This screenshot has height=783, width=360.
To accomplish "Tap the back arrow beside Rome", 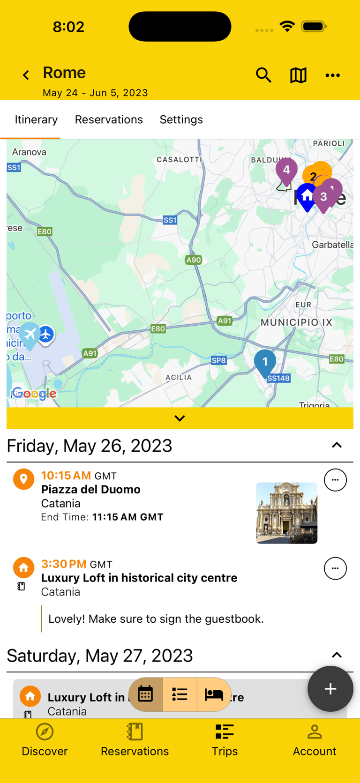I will point(26,75).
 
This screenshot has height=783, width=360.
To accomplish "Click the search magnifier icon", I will point(263,75).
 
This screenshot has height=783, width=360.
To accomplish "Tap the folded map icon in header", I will point(298,75).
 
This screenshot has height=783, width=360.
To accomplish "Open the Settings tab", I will point(181,119).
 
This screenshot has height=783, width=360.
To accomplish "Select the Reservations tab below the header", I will point(109,119).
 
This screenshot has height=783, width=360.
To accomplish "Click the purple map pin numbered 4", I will point(286,170).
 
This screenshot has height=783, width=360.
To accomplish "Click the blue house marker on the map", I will point(307,196).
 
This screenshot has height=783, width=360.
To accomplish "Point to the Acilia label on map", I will point(179,377).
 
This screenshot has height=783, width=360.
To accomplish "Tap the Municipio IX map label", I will point(296,322).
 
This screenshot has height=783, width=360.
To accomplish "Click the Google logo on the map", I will point(34,394).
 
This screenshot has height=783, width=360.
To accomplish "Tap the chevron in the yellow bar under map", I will point(180,418).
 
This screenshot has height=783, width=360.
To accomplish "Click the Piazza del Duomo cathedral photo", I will point(286,513).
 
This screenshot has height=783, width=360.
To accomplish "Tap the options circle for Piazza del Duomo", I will point(335,480).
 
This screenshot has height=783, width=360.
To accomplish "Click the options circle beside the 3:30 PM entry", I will point(335,568).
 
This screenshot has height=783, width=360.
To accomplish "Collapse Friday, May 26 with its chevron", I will point(337,445).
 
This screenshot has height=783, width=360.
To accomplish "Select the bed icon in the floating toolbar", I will point(214,694).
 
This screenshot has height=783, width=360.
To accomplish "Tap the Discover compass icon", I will point(45,732).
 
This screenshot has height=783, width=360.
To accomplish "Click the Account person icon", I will point(315,732).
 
